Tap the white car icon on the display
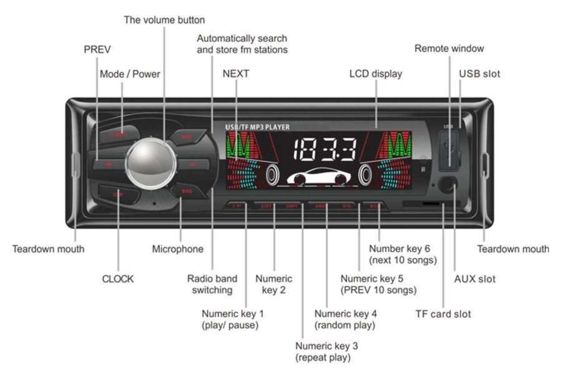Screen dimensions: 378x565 (317, 177)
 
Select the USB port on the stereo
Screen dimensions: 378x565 (448, 152)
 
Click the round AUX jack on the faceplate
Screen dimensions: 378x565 (447, 184)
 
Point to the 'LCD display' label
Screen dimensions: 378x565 (375, 74)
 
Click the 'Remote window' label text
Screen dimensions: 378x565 (449, 48)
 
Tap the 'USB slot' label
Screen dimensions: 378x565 (479, 74)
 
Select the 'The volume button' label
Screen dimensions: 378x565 (164, 20)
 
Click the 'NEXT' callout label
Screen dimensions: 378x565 (236, 74)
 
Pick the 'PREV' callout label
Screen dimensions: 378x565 (97, 49)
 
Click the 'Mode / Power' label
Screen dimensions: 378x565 (130, 74)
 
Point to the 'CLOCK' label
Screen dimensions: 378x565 (118, 279)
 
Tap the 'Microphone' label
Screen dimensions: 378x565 (178, 249)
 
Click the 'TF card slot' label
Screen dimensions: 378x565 (443, 314)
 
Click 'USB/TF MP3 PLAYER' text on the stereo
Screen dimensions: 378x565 (257, 127)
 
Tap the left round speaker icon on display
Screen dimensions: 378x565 (273, 175)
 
